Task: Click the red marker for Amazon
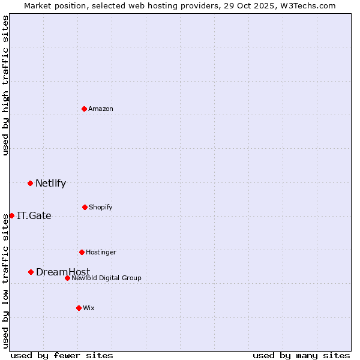85,109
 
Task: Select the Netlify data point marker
30,183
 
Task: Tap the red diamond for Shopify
85,207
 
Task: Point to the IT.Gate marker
11,215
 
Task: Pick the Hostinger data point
82,252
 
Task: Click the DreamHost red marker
31,272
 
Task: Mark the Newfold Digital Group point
67,278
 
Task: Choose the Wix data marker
79,308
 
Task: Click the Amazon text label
101,109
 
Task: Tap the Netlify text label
50,183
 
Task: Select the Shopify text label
101,207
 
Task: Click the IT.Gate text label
34,215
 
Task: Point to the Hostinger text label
101,252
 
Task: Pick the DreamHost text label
63,272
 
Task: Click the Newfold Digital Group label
106,278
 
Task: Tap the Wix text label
89,308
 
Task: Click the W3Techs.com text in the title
307,5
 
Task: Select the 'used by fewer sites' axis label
62,355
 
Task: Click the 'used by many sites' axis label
301,355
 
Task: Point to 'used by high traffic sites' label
5,85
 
